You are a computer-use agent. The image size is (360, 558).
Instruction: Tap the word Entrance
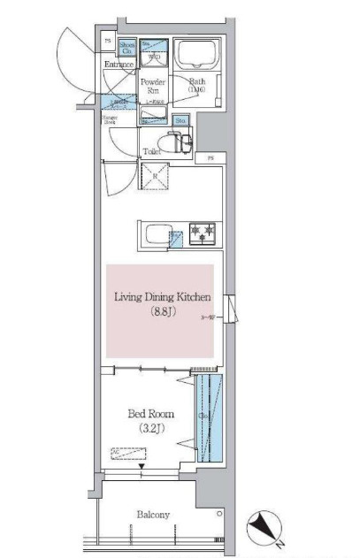(118, 65)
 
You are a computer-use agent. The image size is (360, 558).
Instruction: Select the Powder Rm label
(151, 85)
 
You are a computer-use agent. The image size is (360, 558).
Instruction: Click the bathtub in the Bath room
(194, 57)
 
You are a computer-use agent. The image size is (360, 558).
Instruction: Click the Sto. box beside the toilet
(180, 120)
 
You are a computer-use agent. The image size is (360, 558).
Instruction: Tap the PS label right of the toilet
(211, 157)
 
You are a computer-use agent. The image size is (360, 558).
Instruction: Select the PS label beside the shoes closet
(108, 42)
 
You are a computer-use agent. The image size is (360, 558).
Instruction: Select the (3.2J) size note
(150, 429)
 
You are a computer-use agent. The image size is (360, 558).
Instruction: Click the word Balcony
(153, 515)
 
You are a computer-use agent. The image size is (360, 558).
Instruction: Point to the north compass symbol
(264, 528)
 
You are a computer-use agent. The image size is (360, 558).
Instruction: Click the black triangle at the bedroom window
(151, 467)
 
